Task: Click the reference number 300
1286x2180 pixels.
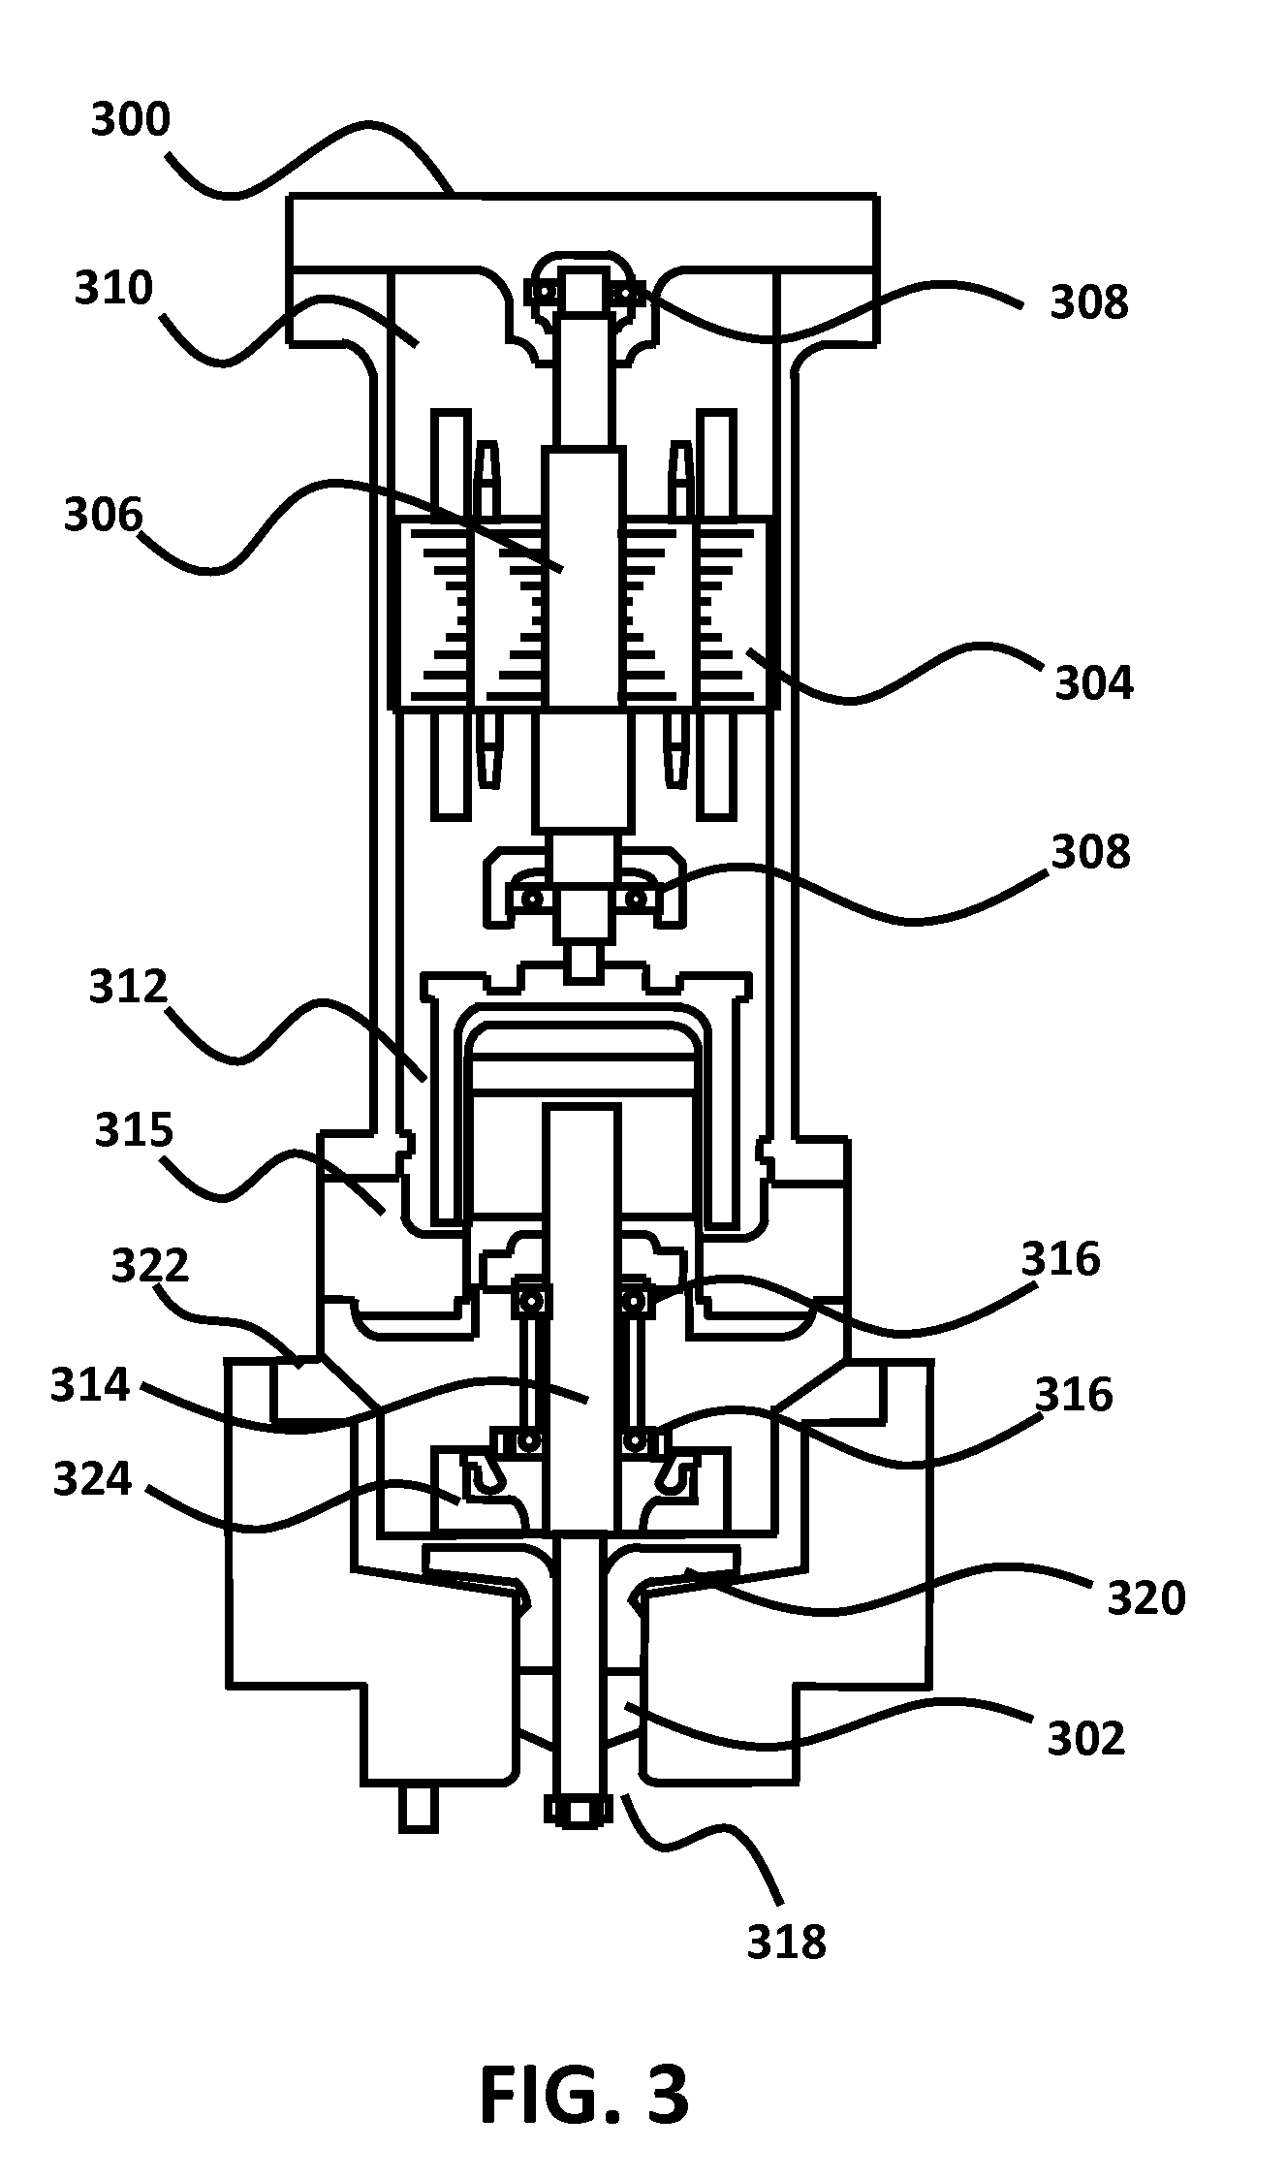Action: (x=130, y=119)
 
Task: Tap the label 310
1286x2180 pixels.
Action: (x=114, y=288)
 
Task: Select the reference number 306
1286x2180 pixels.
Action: (x=103, y=515)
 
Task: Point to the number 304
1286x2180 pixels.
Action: (x=1094, y=682)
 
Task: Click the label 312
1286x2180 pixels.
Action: (x=129, y=987)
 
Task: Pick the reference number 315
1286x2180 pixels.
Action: (x=134, y=1130)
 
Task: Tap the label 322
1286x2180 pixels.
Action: (x=150, y=1266)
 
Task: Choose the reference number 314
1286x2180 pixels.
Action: (x=90, y=1385)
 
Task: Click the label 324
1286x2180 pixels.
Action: (x=92, y=1479)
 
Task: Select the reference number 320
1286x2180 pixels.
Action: (x=1147, y=1597)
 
